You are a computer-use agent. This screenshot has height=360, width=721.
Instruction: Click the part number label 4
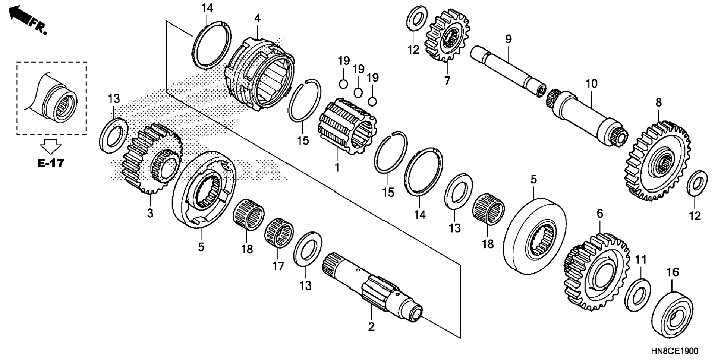(x=257, y=18)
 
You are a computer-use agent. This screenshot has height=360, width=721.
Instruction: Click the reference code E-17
(x=51, y=163)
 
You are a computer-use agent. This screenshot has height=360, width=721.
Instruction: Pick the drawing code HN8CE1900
(x=675, y=351)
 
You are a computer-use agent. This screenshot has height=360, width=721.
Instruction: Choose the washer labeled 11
(x=637, y=294)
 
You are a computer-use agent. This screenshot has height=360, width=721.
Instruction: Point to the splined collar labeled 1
(x=347, y=127)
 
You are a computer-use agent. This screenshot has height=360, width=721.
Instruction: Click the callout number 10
(x=591, y=84)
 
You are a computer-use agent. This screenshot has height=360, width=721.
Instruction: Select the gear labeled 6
(x=596, y=272)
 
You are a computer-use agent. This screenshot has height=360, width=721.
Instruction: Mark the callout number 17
(x=278, y=266)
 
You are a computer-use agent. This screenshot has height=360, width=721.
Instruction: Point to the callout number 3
(x=150, y=214)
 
